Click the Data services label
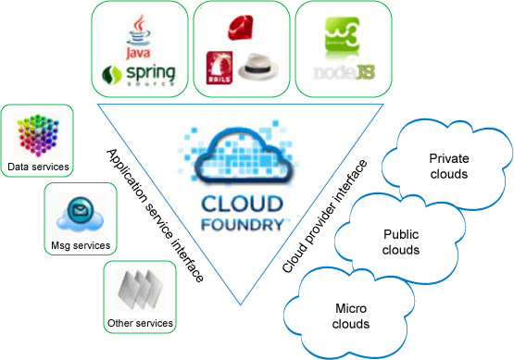click(x=37, y=168)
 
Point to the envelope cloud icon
click(x=81, y=217)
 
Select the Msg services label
click(x=81, y=245)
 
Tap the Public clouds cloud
click(x=401, y=242)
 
